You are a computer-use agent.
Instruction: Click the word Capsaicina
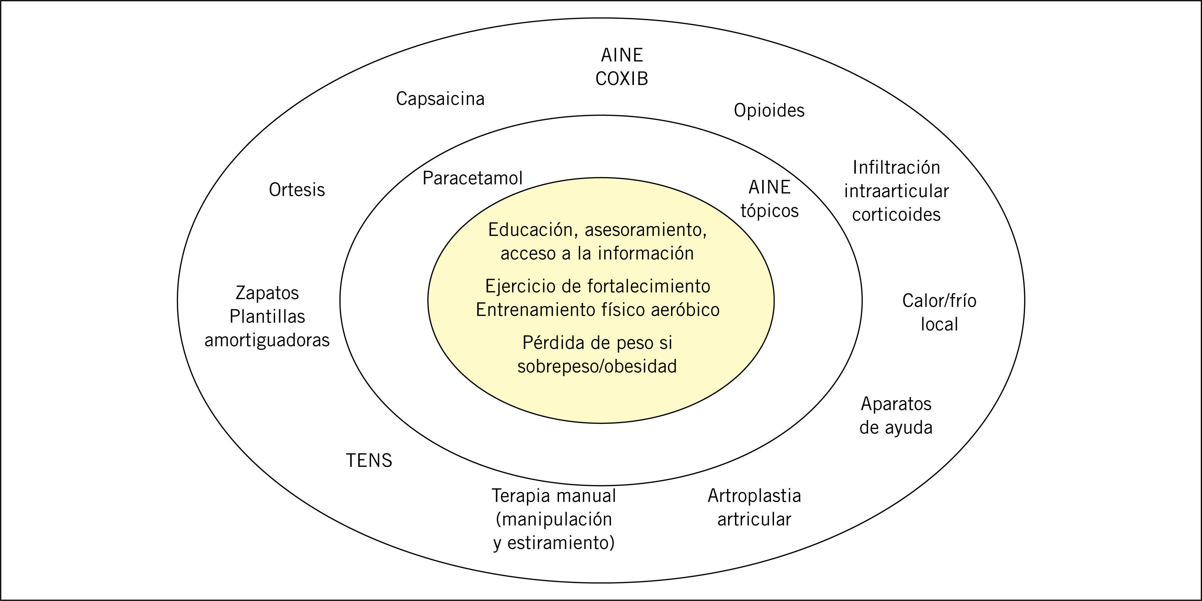[x=440, y=99]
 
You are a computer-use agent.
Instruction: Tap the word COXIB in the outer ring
[x=621, y=79]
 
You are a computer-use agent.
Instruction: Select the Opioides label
[x=769, y=111]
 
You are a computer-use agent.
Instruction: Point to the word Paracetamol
[x=472, y=178]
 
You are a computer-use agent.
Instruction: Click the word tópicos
[x=770, y=211]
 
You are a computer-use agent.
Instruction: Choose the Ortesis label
[x=297, y=190]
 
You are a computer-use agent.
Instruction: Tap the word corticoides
[x=896, y=215]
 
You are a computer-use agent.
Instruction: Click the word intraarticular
[x=896, y=191]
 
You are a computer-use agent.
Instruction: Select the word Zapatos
[x=267, y=293]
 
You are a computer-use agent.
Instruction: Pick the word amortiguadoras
[x=267, y=340]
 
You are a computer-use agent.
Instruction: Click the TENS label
[x=369, y=461]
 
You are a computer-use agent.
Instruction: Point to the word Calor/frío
[x=939, y=301]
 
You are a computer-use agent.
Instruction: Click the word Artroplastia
[x=754, y=496]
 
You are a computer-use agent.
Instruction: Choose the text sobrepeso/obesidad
[x=597, y=366]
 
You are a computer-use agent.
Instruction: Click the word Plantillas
[x=267, y=317]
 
